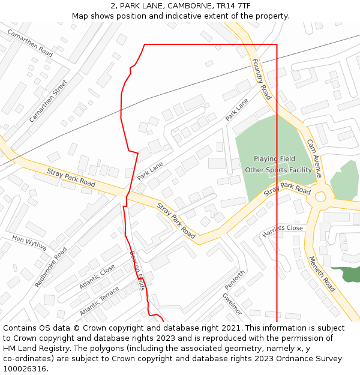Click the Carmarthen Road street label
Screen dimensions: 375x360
[30, 43]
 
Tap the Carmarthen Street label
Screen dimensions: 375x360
[48, 101]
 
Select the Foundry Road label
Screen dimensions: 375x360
[262, 79]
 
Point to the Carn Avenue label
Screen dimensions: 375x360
[314, 158]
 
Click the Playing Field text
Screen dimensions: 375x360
[274, 159]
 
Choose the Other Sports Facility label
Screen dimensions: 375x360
[278, 170]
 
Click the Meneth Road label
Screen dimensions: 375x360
[322, 274]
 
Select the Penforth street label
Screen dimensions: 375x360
[235, 280]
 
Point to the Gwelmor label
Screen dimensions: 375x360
[232, 304]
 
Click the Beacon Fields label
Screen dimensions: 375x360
[137, 270]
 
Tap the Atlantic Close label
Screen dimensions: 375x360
[97, 277]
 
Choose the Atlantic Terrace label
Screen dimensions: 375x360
[100, 301]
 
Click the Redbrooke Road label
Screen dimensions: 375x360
[51, 266]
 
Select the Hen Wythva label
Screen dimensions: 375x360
[29, 243]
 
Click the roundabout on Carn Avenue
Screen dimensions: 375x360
[320, 196]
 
